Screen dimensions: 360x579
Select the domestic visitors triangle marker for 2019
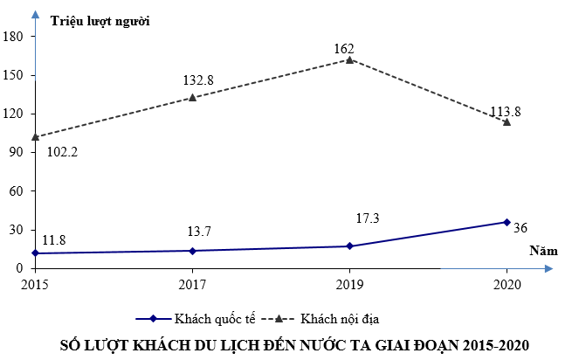coord(350,59)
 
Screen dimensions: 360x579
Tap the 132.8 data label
coord(198,80)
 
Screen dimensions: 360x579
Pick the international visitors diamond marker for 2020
coord(507,222)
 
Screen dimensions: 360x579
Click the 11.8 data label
coord(54,239)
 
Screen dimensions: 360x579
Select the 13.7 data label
coord(199,232)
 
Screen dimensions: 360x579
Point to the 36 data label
coord(521,228)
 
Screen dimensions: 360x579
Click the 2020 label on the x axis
coord(507,284)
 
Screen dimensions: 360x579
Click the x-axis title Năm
coord(541,251)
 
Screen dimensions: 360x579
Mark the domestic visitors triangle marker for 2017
coord(192,97)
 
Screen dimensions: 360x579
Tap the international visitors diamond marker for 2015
coord(35,253)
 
